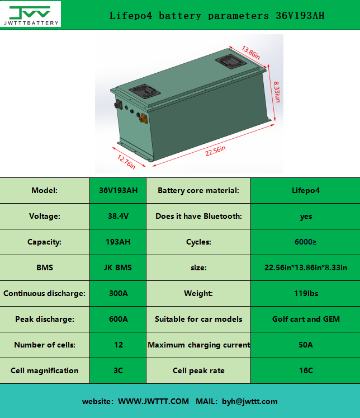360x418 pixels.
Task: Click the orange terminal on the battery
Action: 143,118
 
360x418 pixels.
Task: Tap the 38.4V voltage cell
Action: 118,217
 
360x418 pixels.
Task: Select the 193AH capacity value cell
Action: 118,242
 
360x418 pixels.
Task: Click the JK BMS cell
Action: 118,268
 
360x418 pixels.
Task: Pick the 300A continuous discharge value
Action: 118,294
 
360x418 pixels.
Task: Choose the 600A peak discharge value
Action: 118,320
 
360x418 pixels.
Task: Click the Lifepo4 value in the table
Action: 306,191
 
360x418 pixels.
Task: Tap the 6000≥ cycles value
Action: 306,242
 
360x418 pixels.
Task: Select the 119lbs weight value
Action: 306,294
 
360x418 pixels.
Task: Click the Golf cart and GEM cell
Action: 306,320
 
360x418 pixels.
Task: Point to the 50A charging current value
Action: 306,345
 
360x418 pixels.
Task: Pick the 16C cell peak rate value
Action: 306,371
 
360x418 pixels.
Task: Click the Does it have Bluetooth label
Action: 198,217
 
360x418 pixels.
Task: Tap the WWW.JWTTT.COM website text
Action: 153,402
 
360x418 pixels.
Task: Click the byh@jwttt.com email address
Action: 249,402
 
